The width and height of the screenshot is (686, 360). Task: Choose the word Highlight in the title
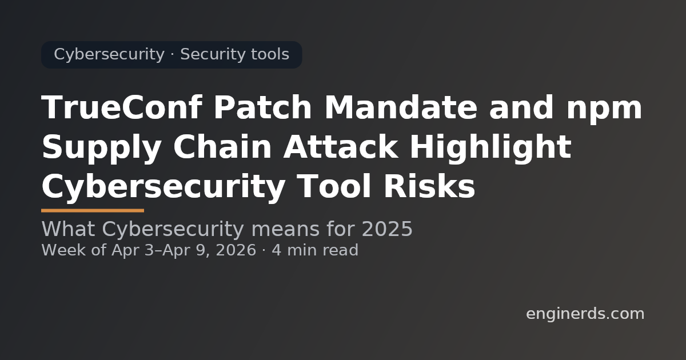(492, 148)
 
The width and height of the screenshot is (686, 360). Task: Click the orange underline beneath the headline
(93, 210)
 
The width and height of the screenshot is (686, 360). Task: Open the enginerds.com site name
(585, 314)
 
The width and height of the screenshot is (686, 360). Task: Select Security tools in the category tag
(234, 55)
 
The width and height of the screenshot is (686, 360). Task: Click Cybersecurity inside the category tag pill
(109, 55)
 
